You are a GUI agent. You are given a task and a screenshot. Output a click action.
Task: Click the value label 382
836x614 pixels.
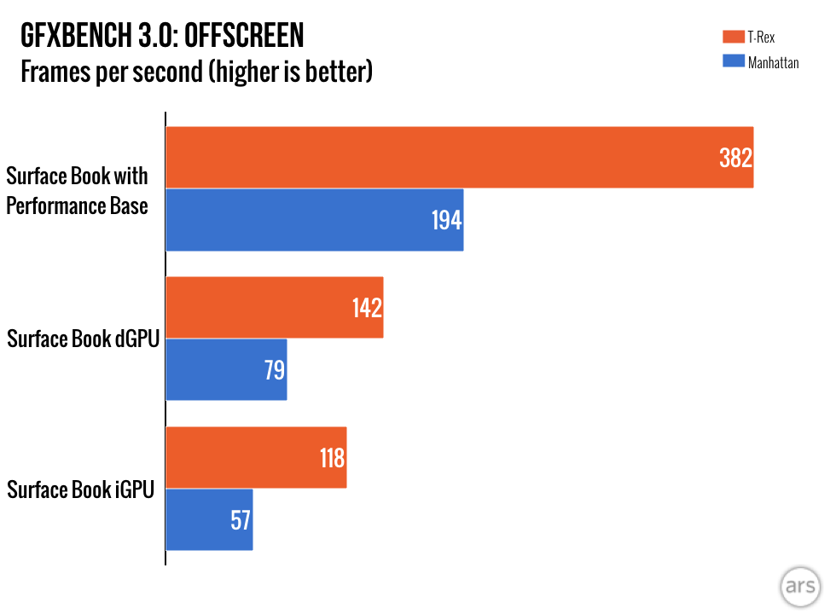tap(734, 159)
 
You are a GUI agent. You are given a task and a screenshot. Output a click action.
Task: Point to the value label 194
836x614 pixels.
tap(445, 221)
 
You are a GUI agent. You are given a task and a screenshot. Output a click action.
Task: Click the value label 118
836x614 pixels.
tap(331, 459)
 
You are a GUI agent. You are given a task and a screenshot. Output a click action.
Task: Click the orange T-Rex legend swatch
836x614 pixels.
tap(734, 36)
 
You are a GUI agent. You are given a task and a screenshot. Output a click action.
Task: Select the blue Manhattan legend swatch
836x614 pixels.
tap(734, 61)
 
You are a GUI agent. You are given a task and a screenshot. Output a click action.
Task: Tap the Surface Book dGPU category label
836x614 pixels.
tap(83, 339)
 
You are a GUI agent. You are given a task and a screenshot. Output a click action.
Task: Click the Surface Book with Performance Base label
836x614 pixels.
tap(77, 191)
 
